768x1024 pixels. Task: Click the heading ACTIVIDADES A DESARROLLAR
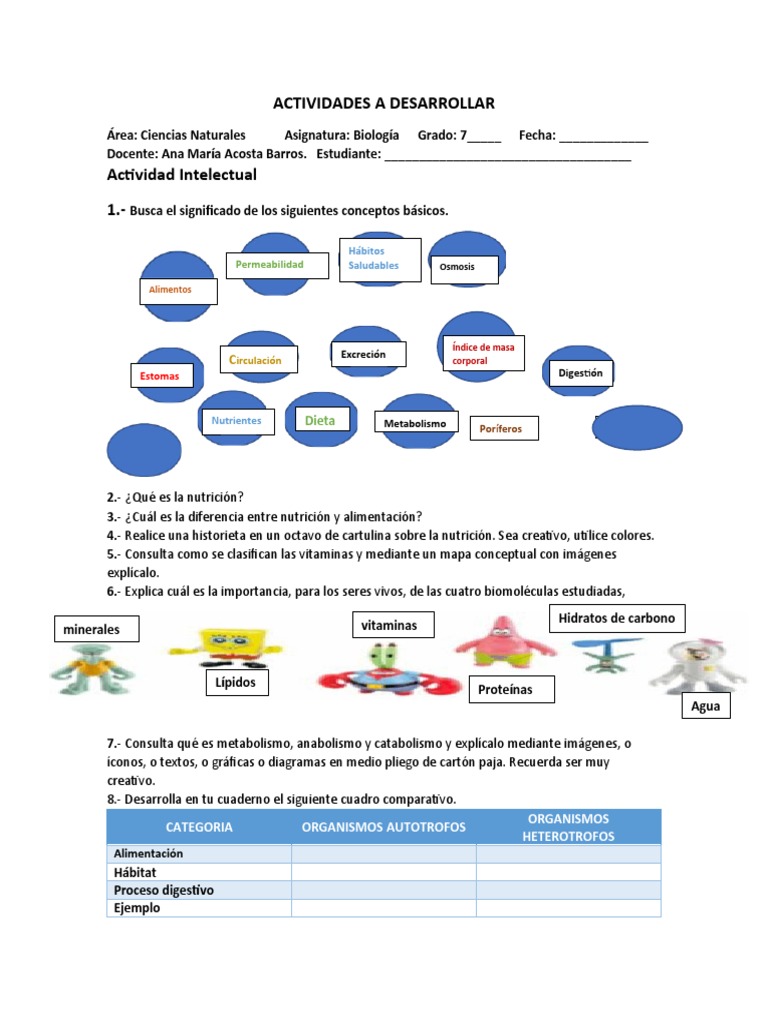[384, 104]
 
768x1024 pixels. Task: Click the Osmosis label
[465, 267]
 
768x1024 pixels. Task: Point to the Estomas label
[160, 376]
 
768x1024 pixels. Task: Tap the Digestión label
[581, 373]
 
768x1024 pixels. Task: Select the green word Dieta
[320, 421]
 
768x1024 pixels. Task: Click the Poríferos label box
[503, 429]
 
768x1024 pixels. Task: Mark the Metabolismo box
[416, 424]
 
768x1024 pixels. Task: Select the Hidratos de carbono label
[617, 618]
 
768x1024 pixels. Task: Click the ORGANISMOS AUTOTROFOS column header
[383, 827]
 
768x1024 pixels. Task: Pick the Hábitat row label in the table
[135, 872]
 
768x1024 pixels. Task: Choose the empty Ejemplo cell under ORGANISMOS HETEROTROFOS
[568, 908]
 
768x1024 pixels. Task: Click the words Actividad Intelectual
[181, 175]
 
